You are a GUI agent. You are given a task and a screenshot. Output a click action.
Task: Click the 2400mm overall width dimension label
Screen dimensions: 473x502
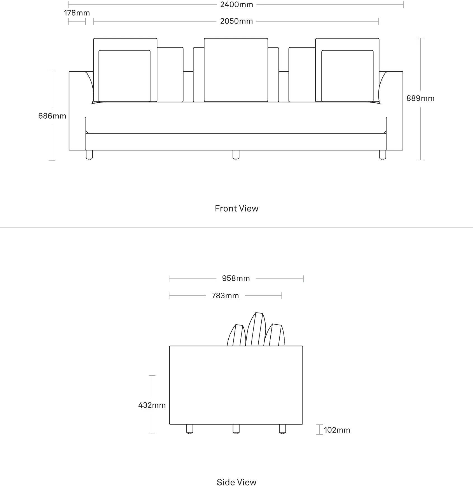tap(236, 5)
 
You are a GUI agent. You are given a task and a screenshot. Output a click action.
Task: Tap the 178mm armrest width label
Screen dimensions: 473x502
tap(77, 13)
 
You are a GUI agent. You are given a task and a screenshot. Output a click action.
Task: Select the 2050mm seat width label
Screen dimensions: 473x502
tap(236, 21)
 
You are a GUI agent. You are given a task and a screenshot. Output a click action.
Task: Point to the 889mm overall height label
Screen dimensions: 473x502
tap(420, 98)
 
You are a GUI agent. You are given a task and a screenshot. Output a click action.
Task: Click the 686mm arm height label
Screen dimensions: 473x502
tap(52, 116)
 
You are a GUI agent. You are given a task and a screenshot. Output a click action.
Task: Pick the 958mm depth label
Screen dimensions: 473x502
tap(236, 278)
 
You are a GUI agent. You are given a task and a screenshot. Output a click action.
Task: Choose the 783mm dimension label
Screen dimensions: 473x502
tap(225, 296)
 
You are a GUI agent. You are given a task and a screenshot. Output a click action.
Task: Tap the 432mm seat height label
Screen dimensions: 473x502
tap(152, 405)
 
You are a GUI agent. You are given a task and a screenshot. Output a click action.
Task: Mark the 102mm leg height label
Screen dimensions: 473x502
tap(337, 430)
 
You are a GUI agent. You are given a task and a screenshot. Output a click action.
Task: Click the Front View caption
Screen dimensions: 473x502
tap(236, 208)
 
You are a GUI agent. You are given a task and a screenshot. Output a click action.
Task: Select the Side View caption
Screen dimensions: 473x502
tap(236, 482)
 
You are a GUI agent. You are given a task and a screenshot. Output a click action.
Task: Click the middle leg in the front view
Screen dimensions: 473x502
tap(236, 155)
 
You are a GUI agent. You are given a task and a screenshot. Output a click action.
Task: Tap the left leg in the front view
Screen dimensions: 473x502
tap(89, 155)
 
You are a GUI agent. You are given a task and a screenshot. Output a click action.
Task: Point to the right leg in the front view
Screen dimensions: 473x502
tap(383, 155)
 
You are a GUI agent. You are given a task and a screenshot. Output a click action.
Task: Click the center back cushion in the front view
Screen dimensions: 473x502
tap(236, 70)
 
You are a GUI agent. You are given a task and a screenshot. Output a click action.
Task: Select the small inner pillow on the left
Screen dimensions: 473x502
tap(125, 76)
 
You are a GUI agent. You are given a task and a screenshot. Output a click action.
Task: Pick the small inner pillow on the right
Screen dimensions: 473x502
tap(347, 76)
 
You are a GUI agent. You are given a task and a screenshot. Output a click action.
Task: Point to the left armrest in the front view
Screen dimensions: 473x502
tap(78, 111)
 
